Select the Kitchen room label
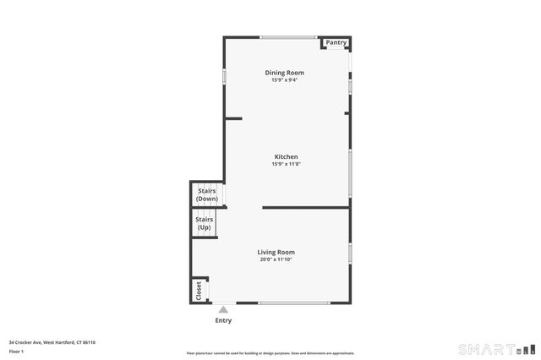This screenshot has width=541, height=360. coord(286,156)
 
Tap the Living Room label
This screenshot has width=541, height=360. coord(276,252)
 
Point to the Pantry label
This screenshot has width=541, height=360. coord(336,42)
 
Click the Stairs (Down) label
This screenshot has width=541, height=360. coord(207,195)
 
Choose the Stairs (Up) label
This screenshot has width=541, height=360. coord(205,223)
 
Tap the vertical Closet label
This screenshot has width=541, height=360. coord(199,290)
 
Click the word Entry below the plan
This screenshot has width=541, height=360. coord(223,320)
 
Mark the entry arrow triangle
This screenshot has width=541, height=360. coord(223,310)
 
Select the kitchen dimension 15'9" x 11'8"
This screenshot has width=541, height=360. coord(286,164)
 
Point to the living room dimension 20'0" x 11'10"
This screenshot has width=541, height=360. coord(276,259)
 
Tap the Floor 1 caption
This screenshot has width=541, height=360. coord(17,351)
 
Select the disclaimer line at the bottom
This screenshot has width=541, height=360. coord(270,353)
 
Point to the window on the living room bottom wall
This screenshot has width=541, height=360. coord(294,303)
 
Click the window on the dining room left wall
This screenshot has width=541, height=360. coord(224,75)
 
